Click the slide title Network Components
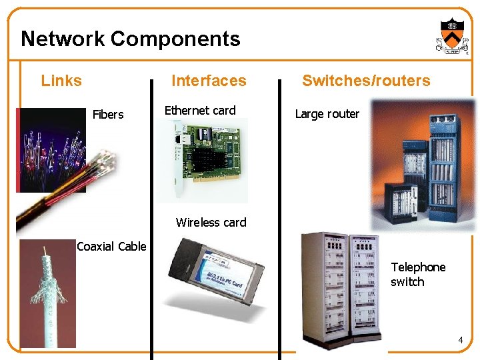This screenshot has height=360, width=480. tap(130, 39)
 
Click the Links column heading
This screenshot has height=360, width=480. tap(61, 81)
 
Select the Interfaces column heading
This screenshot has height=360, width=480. tap(209, 81)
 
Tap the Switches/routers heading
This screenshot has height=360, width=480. tap(366, 81)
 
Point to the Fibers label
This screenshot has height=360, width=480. tap(108, 115)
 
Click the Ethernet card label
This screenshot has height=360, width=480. tap(200, 111)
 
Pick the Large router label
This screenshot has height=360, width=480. tap(327, 114)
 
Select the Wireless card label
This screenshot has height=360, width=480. tap(211, 223)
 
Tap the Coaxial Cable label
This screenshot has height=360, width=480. tap(111, 247)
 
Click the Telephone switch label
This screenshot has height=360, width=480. tap(418, 274)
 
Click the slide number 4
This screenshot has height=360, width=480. tap(460, 341)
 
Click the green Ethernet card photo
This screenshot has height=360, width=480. tap(207, 160)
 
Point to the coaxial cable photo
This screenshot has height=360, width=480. tap(48, 293)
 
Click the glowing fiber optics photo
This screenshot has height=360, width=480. tap(50, 150)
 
